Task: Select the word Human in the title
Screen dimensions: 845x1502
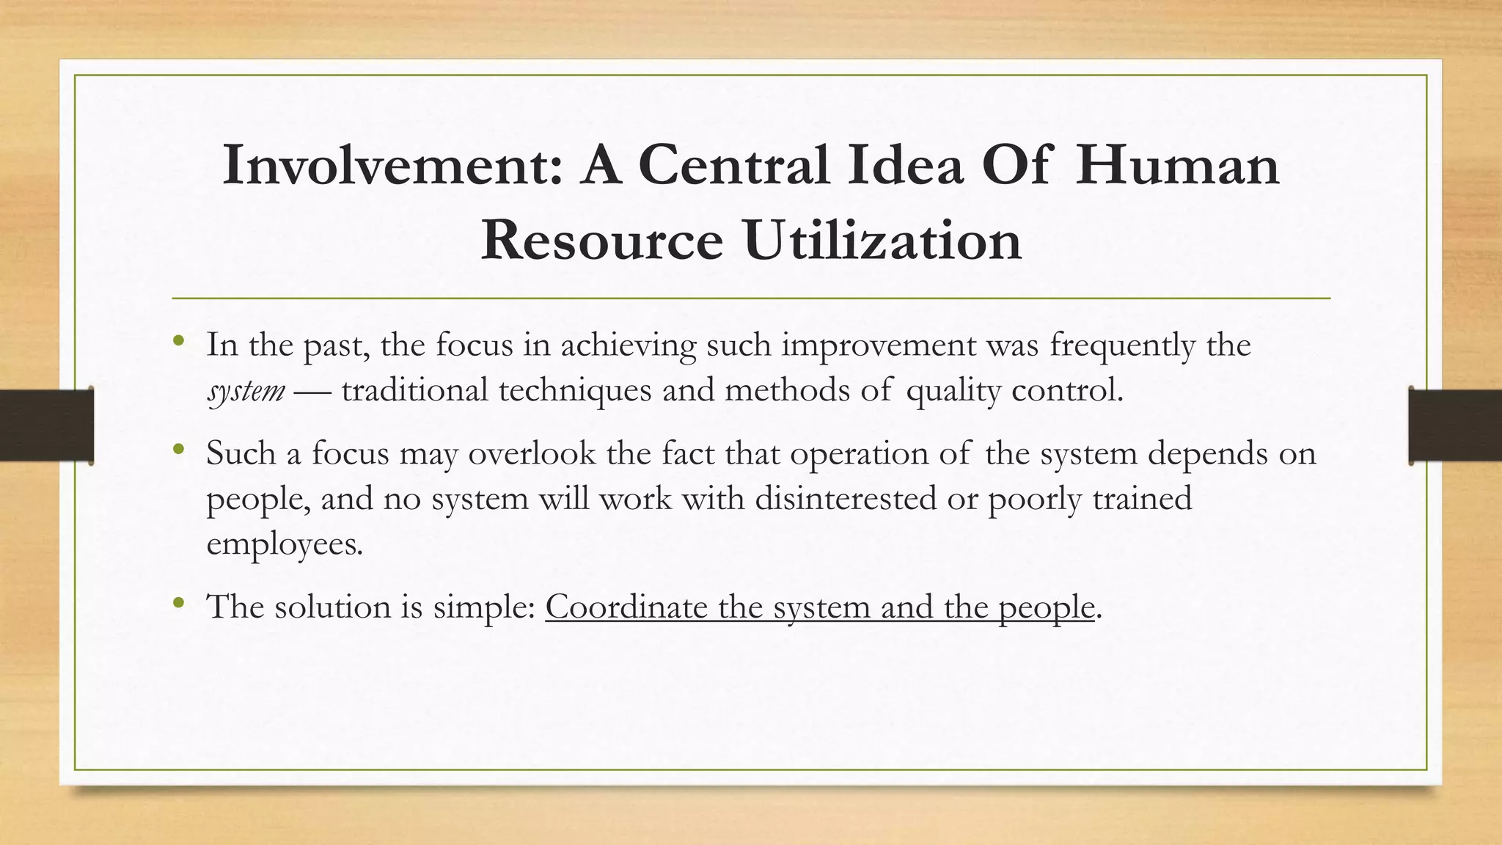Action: (x=1178, y=166)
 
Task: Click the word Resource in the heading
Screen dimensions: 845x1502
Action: (x=601, y=241)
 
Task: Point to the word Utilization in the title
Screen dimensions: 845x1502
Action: (x=883, y=241)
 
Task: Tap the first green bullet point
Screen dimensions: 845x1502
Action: (x=178, y=341)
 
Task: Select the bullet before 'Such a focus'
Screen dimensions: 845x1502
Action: (x=178, y=450)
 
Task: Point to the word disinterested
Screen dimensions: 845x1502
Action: (x=846, y=499)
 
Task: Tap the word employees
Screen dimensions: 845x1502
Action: (x=284, y=545)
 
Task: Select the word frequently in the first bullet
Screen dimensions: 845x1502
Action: (x=1122, y=345)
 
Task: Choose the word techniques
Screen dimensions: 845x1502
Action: (x=575, y=390)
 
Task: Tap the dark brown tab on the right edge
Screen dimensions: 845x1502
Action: (x=1455, y=425)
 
